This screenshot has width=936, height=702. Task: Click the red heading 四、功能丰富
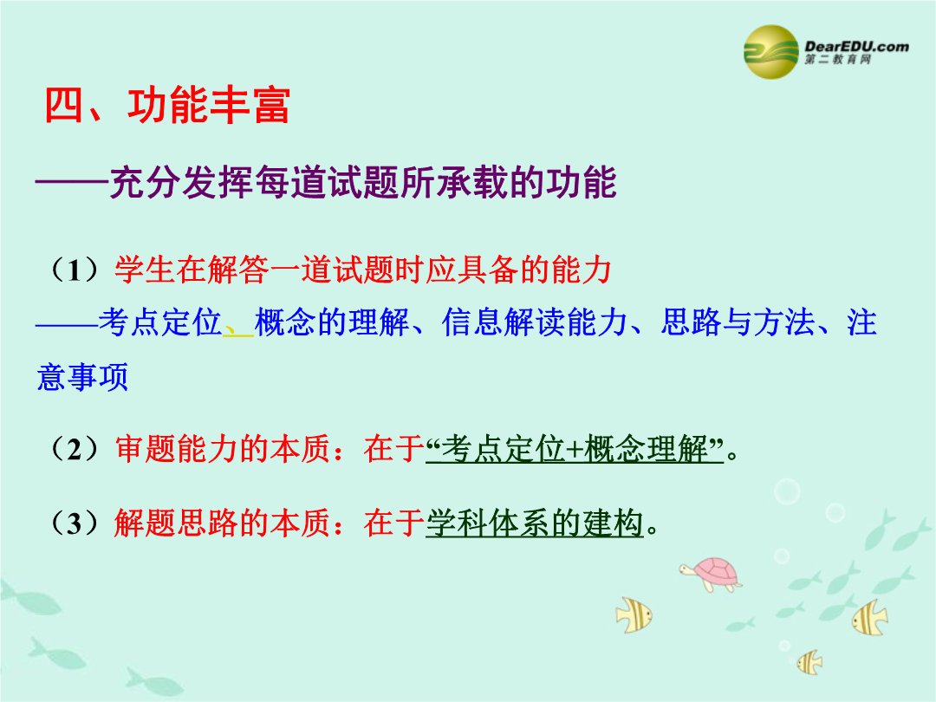[x=167, y=105]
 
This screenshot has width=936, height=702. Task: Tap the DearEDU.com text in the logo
[x=856, y=47]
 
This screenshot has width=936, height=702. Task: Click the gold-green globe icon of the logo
[x=771, y=52]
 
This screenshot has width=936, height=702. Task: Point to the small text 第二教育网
[x=837, y=60]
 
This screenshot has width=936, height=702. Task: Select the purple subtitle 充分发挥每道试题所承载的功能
[x=363, y=181]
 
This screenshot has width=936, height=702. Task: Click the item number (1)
[x=75, y=270]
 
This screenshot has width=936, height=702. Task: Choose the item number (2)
[x=75, y=449]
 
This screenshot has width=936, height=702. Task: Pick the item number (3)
[x=75, y=523]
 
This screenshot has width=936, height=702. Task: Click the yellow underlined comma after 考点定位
[x=238, y=329]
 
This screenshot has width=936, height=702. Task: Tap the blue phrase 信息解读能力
[x=534, y=322]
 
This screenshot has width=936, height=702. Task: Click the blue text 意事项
[x=82, y=377]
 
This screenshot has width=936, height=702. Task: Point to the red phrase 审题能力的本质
[x=222, y=449]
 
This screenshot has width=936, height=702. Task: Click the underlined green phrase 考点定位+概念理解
[x=575, y=449]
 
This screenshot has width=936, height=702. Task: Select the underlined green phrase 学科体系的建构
[x=535, y=523]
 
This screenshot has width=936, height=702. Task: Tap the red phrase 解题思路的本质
[x=222, y=523]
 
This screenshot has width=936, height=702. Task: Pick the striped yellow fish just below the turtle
[x=634, y=614]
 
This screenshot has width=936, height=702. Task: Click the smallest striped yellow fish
[x=810, y=662]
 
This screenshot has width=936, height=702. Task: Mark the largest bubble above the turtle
[x=787, y=492]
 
